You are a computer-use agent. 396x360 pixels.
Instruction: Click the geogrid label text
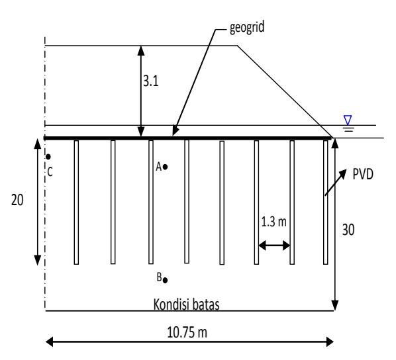[x=247, y=28]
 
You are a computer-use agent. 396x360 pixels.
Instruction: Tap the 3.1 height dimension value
[x=151, y=81]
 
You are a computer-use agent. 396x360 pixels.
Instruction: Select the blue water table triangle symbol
[x=348, y=120]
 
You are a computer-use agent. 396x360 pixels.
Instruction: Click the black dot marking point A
[x=165, y=167]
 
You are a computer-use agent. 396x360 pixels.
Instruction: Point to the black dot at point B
[x=165, y=280]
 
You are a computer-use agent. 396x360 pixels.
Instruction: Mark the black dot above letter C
[x=48, y=157]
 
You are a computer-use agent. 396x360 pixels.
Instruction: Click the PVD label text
[x=363, y=174]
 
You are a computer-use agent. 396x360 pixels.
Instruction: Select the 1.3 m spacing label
[x=273, y=222]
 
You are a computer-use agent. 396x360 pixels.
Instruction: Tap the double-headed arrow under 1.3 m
[x=274, y=245]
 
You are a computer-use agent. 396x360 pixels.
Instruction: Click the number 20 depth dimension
[x=17, y=201]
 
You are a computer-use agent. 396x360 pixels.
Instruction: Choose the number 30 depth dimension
[x=348, y=230]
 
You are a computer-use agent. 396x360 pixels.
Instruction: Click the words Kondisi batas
[x=186, y=304]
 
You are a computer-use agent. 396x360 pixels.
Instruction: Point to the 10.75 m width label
[x=187, y=332]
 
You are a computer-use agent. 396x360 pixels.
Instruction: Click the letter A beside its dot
[x=159, y=167]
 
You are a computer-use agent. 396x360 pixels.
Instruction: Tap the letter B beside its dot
[x=159, y=277]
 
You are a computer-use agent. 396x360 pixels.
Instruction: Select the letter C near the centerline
[x=50, y=172]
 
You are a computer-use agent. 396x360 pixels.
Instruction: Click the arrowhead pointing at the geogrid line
[x=175, y=130]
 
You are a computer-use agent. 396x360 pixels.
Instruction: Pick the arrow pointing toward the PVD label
[x=335, y=183]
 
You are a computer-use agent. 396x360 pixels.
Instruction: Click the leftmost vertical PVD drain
[x=76, y=202]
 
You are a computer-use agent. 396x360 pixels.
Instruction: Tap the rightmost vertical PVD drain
[x=326, y=202]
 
